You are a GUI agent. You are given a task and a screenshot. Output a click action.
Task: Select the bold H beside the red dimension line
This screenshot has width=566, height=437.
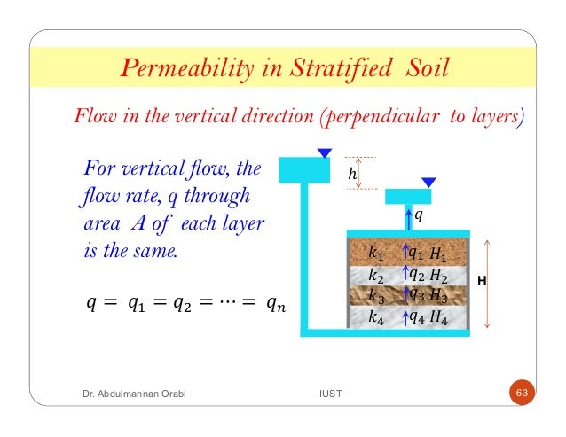pos(481,281)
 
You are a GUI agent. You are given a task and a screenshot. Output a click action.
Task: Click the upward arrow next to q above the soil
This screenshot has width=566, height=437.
pos(408,215)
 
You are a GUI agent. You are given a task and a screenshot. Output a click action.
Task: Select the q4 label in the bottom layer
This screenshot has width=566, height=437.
pos(416,315)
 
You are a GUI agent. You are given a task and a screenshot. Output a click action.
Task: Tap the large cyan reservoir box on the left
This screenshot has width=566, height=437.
pos(303,169)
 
